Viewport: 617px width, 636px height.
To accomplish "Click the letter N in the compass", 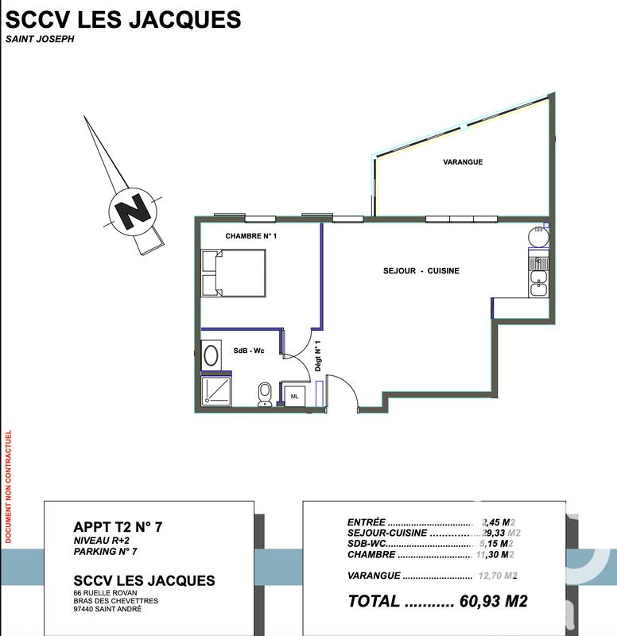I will click(x=129, y=211).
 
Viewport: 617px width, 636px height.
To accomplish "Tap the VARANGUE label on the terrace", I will click(x=463, y=162).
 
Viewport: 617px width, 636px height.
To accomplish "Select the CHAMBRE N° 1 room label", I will click(x=251, y=236).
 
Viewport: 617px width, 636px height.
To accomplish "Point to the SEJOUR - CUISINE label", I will click(x=421, y=271).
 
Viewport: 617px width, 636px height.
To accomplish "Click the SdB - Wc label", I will click(x=249, y=351).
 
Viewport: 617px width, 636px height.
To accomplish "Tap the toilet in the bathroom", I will click(x=265, y=394).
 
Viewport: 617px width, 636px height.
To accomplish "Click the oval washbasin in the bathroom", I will click(x=212, y=355).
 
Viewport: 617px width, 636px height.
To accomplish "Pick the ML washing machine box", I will click(x=295, y=396).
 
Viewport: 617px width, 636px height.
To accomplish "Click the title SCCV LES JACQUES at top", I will click(x=123, y=20).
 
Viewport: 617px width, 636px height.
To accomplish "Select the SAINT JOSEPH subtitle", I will click(x=40, y=38).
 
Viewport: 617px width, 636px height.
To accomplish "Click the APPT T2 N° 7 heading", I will click(x=118, y=526).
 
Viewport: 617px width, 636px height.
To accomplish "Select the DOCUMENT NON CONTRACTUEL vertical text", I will click(x=9, y=487).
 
